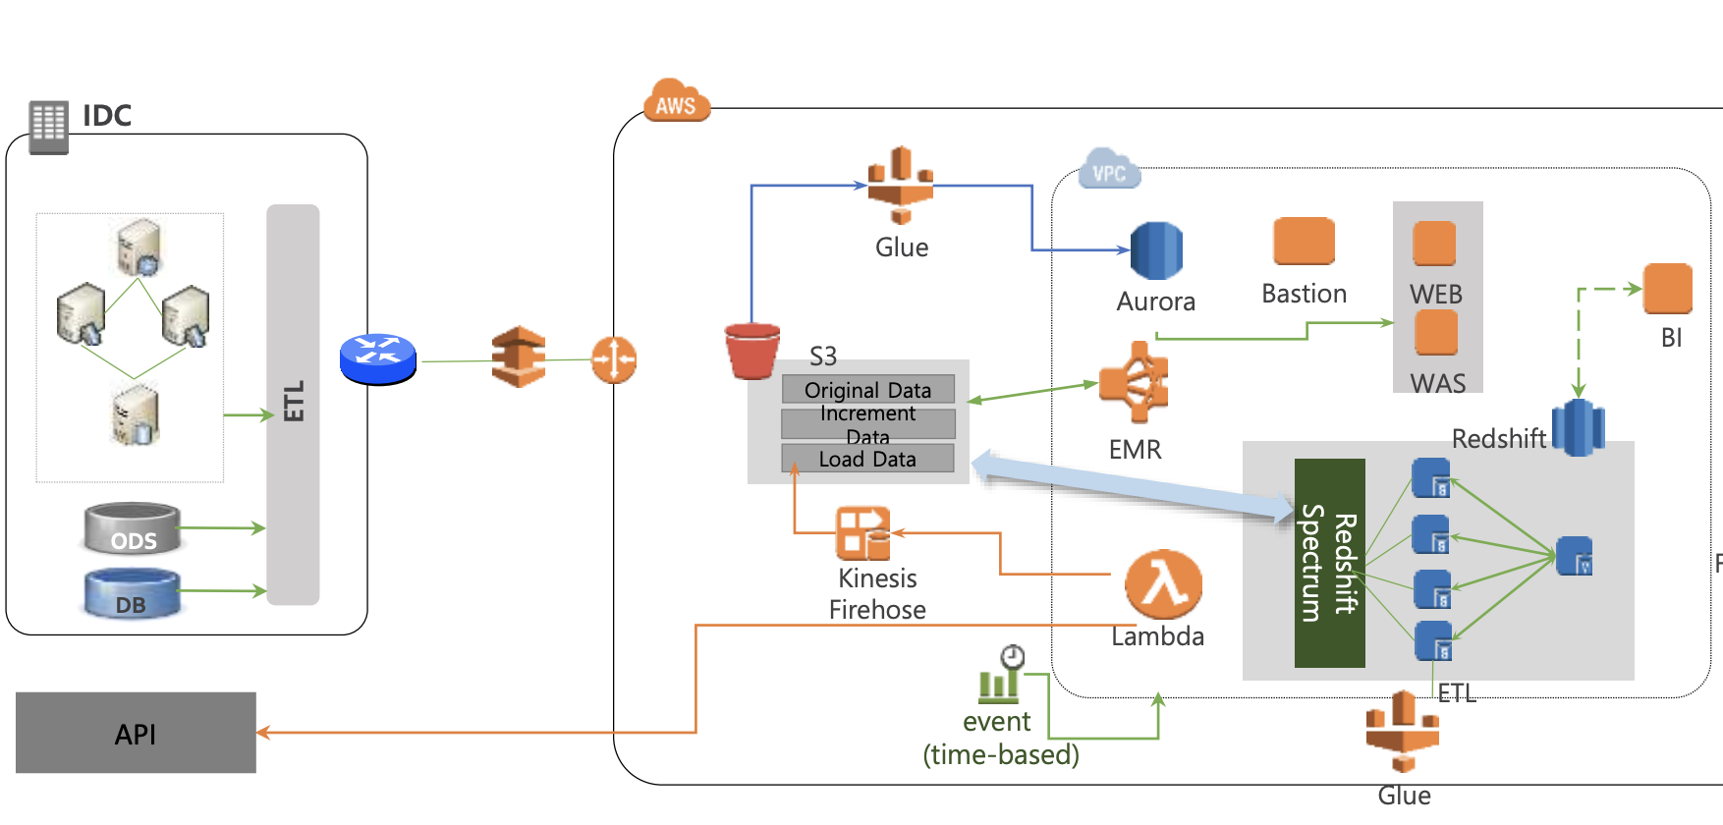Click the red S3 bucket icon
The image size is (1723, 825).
coord(752,351)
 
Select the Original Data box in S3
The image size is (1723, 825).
coord(868,390)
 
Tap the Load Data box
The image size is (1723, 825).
coord(867,459)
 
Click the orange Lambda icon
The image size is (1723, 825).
coord(1163,584)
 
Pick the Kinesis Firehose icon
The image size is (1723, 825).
coord(862,533)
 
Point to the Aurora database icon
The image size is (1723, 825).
coord(1156,251)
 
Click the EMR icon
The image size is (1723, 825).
coord(1135,382)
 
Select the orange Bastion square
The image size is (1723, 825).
coord(1304,242)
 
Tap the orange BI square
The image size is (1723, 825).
coord(1667,289)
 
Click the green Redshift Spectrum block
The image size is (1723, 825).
coord(1329,563)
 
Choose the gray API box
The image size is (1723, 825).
coord(136,733)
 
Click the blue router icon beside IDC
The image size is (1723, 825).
coord(378,358)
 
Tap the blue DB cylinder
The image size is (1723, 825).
coord(132,594)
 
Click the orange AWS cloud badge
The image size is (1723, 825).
coord(675,102)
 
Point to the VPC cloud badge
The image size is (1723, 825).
coord(1109,171)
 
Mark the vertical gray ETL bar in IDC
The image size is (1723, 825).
coord(293,404)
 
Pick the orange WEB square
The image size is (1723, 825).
coord(1434,244)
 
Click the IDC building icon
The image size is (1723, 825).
coord(48,127)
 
